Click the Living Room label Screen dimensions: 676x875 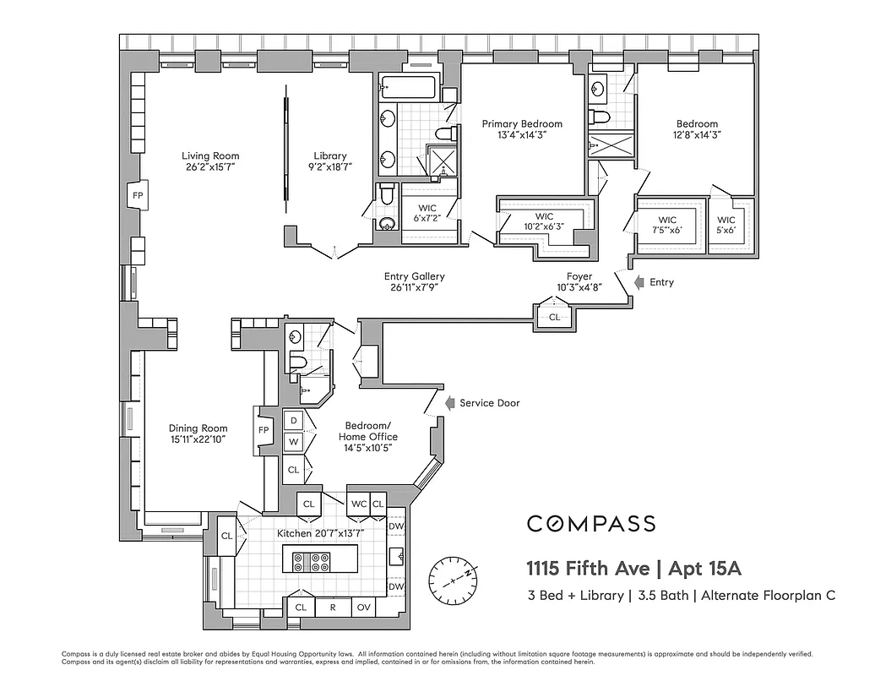coord(210,155)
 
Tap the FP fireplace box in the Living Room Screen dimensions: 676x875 coord(138,196)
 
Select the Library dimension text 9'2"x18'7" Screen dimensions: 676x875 coord(329,167)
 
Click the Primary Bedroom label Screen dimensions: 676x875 coord(521,124)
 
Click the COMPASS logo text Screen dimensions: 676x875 coord(591,524)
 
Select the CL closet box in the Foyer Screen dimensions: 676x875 coord(554,317)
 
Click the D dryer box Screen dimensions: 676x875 coord(293,420)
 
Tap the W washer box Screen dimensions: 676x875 coord(293,441)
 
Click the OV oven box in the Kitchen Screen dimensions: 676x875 coord(363,607)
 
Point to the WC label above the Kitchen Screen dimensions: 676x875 coord(358,504)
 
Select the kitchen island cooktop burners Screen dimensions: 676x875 coord(311,562)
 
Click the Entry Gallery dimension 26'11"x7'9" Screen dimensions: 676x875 coord(414,287)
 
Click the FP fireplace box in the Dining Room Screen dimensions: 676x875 coord(264,430)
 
